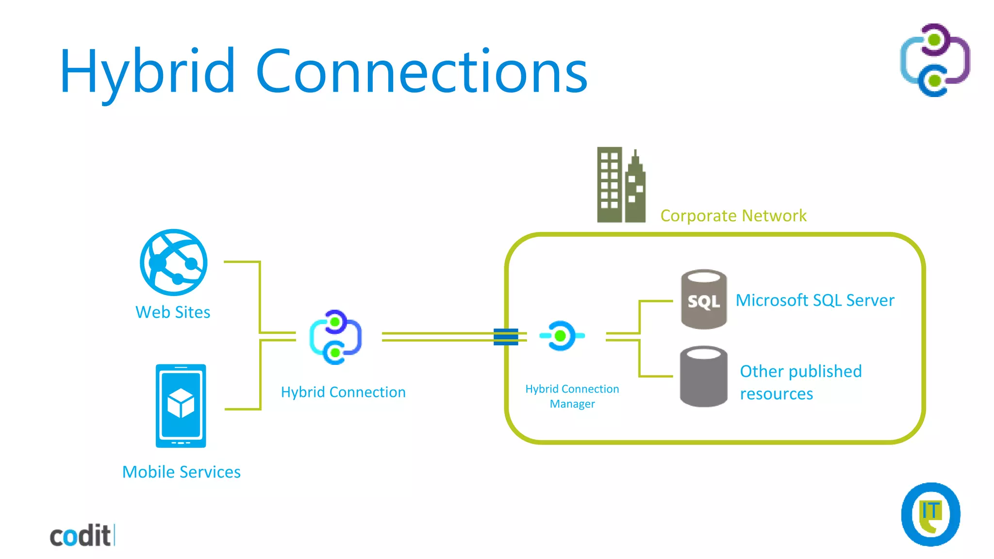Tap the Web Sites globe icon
pos(173,263)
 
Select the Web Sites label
pos(173,312)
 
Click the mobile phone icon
pos(181,406)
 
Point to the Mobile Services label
pos(181,472)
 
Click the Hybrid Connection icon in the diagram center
pos(335,337)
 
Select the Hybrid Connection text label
pos(343,392)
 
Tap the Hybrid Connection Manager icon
pos(562,335)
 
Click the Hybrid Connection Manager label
pos(572,396)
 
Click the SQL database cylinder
pos(704,299)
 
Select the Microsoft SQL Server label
pos(815,300)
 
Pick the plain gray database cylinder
pos(704,376)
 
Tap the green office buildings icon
pos(621,185)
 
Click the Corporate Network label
pos(733,215)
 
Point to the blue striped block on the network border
pos(506,337)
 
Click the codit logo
pos(82,536)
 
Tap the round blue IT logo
pos(930,514)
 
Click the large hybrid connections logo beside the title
pos(935,60)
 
